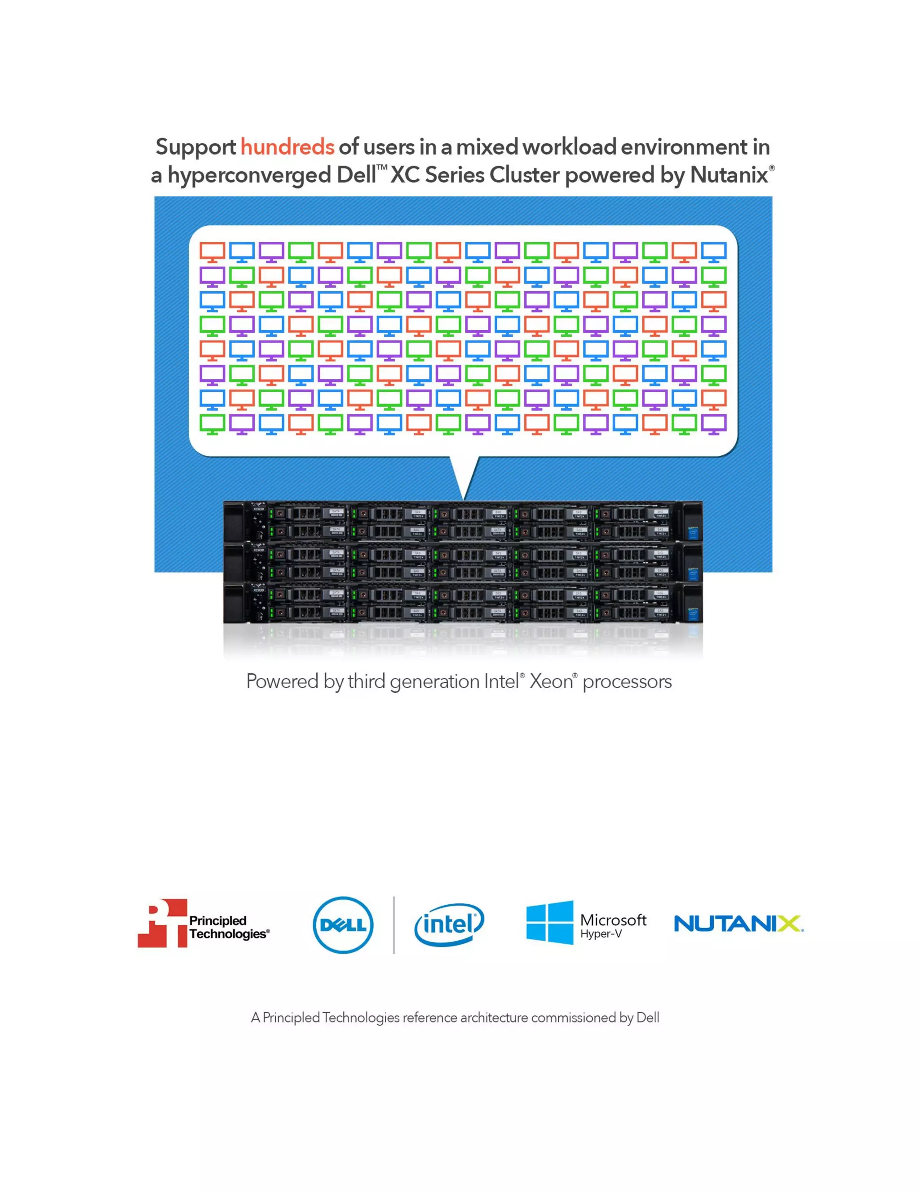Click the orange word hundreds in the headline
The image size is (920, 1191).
tap(287, 147)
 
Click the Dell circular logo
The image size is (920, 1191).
tap(343, 925)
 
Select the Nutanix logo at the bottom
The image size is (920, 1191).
tap(738, 924)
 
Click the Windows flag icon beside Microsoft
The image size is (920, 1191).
tap(549, 922)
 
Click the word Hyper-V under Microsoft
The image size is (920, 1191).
tap(601, 934)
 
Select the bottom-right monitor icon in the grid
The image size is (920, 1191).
tap(713, 424)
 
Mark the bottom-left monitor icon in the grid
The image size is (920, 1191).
tap(212, 424)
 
